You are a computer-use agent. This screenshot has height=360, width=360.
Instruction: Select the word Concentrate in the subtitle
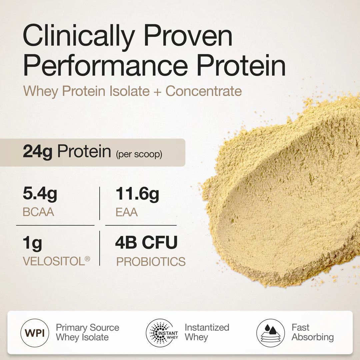click(204, 91)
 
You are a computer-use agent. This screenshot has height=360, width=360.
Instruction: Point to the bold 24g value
click(38, 152)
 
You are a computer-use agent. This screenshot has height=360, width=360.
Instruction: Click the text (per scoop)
click(139, 155)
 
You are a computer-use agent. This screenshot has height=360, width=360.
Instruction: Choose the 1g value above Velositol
click(32, 244)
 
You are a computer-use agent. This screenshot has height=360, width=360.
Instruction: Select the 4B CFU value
click(146, 243)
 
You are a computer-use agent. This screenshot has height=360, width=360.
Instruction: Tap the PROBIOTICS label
click(151, 262)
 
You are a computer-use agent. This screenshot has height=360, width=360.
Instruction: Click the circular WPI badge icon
click(35, 333)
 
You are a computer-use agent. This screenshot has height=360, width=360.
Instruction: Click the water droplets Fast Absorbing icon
click(271, 333)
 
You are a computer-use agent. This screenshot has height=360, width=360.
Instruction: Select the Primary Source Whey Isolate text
click(87, 332)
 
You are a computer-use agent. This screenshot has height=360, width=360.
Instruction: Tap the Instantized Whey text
click(207, 332)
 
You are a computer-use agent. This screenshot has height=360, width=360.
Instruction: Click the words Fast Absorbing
click(312, 332)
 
